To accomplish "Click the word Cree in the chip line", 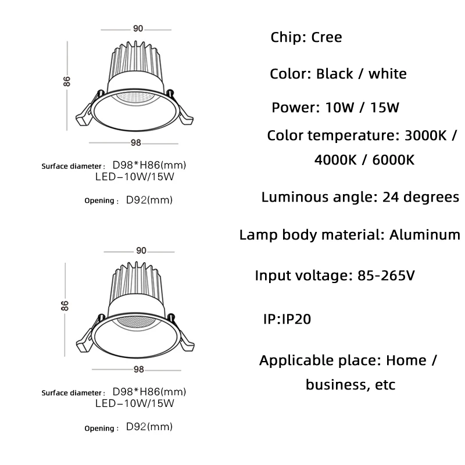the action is click(x=326, y=38).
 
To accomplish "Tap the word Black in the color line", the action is click(x=335, y=74).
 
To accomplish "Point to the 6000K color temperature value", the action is click(x=389, y=160).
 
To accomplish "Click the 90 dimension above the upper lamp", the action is click(x=138, y=28).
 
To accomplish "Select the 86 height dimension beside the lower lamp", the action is click(x=66, y=305).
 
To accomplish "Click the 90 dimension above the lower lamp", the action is click(x=141, y=251).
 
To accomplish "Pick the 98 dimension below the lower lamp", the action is click(x=138, y=369).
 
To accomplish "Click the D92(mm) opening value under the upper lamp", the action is click(x=149, y=201).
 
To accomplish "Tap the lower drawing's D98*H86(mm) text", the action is click(x=149, y=392).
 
